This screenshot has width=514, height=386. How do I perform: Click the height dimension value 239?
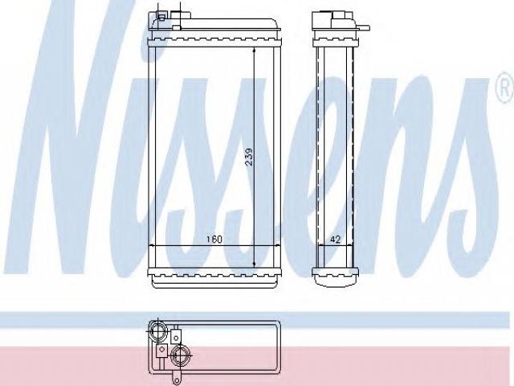[249, 157]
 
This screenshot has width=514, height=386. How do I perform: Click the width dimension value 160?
[214, 240]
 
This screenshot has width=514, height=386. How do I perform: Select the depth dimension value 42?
[335, 240]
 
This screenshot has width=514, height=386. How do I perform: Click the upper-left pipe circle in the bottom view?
[157, 331]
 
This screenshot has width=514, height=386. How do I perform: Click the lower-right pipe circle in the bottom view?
[181, 355]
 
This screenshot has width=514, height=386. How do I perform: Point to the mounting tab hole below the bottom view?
[177, 381]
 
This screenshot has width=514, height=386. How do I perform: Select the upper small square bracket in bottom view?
[176, 337]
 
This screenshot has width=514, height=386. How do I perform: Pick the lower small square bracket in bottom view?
[161, 351]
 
